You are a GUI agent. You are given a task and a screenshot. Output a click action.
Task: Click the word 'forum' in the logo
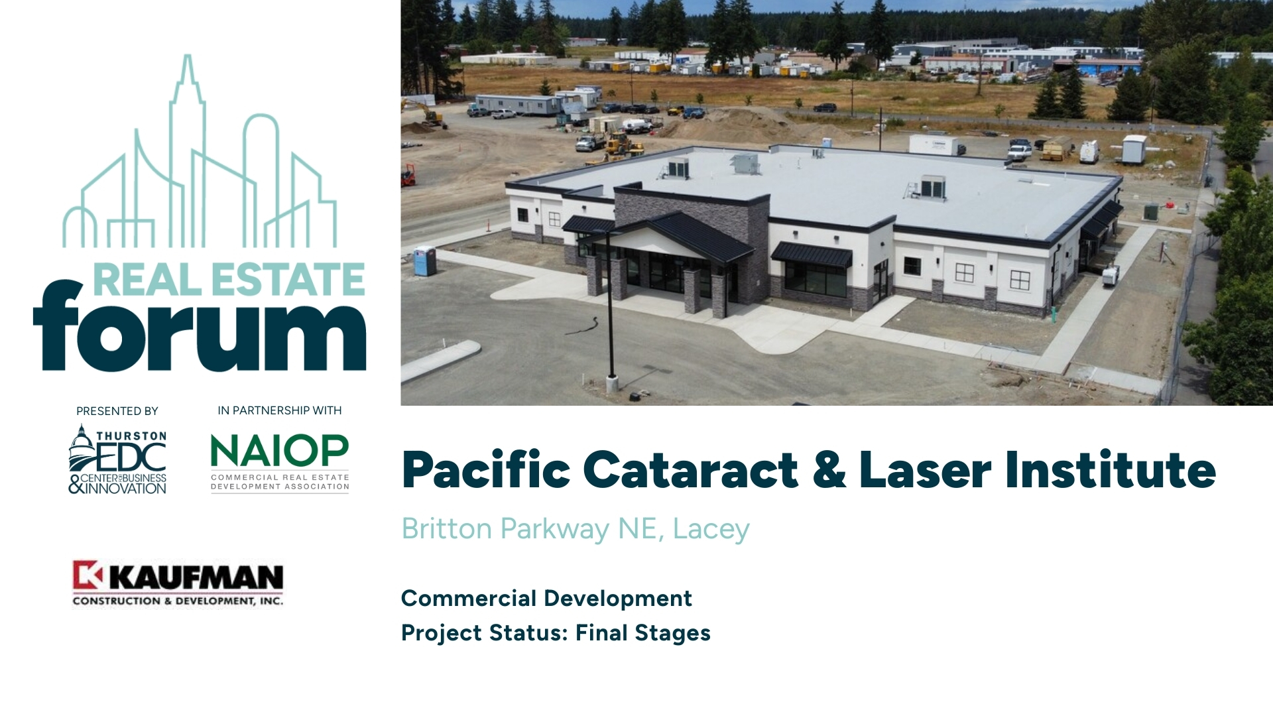point(200,326)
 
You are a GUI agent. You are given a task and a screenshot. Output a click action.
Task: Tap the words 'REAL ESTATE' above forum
point(229,279)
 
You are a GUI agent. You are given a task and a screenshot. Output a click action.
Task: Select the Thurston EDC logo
point(117,459)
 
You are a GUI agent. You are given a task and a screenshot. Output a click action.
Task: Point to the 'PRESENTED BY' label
point(117,411)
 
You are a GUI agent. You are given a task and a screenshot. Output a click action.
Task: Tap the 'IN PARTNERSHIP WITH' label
point(280,410)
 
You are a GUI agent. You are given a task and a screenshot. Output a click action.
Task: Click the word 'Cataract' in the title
point(691,469)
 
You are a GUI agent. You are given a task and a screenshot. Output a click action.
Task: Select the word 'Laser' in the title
point(925,469)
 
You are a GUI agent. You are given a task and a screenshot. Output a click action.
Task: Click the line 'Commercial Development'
point(546,598)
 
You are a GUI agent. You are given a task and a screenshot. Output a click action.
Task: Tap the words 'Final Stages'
point(643,633)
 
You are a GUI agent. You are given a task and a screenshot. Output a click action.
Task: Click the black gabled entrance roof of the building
point(676,235)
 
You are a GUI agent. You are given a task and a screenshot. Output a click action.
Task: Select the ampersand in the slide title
point(829,469)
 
